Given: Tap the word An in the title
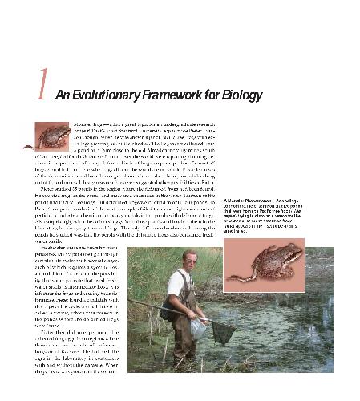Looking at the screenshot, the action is pos(63,95).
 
